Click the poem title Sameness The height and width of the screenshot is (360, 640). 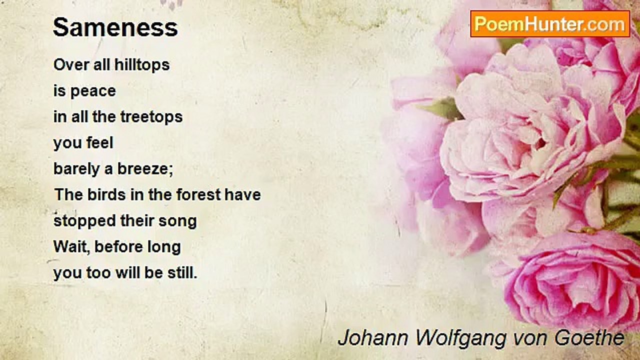(115, 27)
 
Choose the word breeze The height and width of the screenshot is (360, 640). (145, 169)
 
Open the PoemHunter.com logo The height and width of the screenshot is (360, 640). (550, 24)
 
